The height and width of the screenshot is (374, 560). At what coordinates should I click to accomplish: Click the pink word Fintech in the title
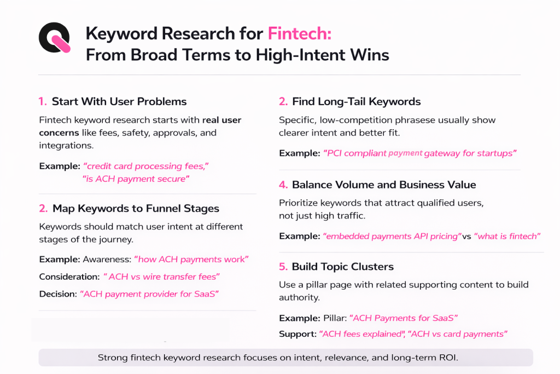(299, 34)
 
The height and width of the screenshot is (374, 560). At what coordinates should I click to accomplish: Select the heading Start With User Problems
(119, 101)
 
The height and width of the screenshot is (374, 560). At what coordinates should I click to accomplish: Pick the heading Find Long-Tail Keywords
(356, 101)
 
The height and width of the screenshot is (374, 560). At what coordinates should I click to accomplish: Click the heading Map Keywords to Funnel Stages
(136, 208)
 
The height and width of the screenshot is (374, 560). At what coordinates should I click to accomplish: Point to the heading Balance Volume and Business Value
(384, 185)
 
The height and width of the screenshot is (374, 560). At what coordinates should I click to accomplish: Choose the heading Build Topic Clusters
(342, 267)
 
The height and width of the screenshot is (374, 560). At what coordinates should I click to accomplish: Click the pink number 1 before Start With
(43, 101)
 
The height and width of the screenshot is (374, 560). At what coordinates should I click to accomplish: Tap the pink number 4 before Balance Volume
(283, 185)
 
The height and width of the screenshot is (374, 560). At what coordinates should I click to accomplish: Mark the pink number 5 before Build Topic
(283, 267)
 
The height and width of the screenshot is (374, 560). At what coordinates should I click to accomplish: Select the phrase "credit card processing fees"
(146, 166)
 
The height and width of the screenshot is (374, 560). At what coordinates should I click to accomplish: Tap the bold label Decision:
(58, 294)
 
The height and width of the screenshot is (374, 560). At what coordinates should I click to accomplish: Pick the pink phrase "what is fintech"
(507, 236)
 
